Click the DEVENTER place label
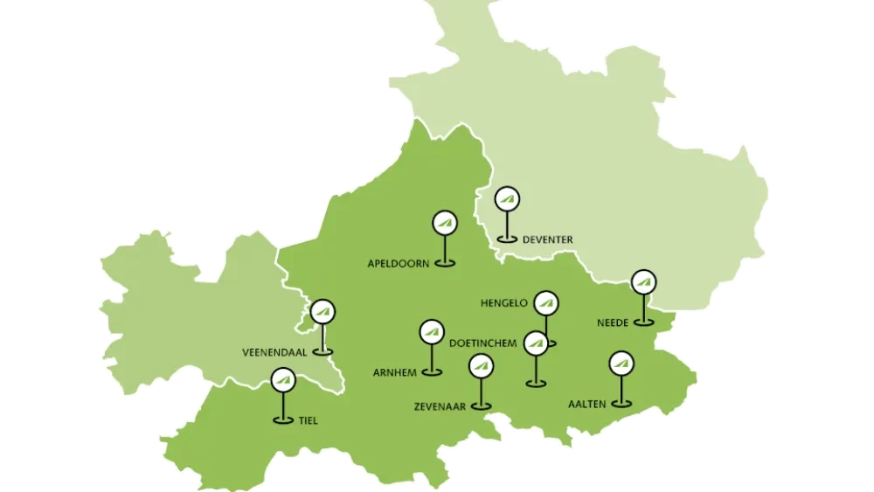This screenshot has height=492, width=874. (547, 239)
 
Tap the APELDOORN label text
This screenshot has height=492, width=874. (399, 263)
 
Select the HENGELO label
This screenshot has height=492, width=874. (504, 304)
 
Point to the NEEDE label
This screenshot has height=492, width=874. (613, 323)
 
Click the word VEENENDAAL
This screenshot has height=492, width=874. (274, 353)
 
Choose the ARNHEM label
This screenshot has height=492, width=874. (394, 373)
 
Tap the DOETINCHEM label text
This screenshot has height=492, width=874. (482, 343)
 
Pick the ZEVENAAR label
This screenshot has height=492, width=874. (441, 406)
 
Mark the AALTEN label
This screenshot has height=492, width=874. (586, 404)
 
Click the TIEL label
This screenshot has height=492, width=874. (308, 421)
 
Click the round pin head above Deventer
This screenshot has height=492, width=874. (506, 199)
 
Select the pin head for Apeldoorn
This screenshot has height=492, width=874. (445, 223)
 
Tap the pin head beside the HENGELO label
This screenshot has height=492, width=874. (546, 303)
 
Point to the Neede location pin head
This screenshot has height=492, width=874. (644, 282)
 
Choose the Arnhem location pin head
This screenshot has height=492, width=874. (432, 332)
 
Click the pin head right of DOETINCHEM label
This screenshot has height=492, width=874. (536, 343)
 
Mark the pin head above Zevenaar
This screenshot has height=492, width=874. (480, 366)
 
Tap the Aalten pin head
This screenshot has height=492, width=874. (621, 362)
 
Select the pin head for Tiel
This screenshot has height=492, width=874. (282, 381)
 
